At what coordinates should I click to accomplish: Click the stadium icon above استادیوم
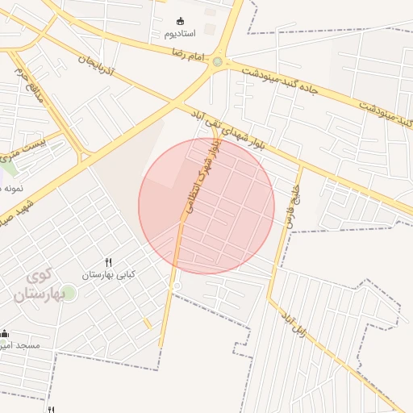[x=180, y=21]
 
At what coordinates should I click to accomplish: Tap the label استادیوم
[x=180, y=35]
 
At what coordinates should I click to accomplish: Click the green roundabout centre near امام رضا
[x=217, y=61]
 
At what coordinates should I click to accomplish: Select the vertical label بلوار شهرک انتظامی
[x=196, y=177]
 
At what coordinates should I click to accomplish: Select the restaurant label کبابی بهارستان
[x=109, y=275]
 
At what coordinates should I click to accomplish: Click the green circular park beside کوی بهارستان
[x=69, y=292]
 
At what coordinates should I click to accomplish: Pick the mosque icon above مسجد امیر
[x=5, y=334]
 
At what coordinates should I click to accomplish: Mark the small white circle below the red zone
[x=177, y=286]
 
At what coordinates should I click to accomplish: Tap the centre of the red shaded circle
[x=206, y=206]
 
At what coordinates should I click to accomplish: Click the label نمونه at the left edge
[x=11, y=187]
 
